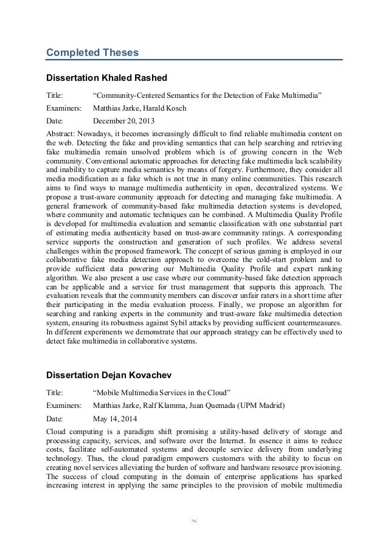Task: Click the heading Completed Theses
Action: click(x=93, y=53)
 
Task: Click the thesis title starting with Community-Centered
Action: click(x=206, y=95)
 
